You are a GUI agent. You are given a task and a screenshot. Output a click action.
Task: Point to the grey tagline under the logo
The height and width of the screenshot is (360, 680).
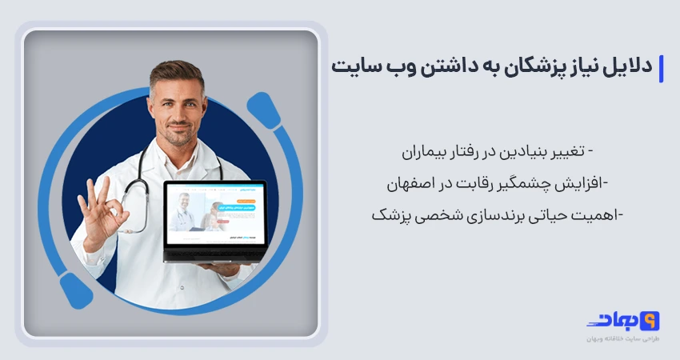click(x=621, y=339)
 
